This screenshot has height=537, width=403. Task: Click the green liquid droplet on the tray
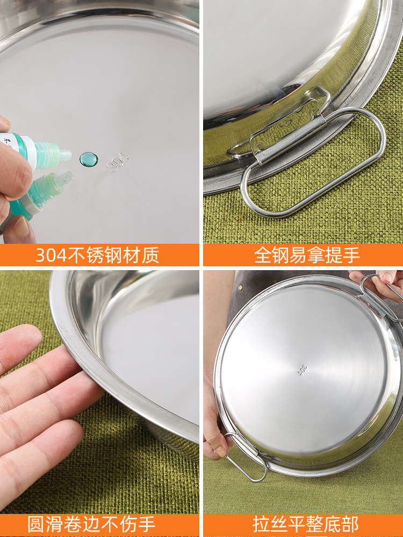pos(89,159)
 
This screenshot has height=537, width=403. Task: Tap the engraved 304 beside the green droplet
pos(118,162)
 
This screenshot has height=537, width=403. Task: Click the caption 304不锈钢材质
pos(97,255)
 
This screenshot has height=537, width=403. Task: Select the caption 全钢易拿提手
pos(307,255)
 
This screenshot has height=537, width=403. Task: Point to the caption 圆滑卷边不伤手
pos(91,525)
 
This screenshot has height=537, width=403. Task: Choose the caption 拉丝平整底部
pos(306,525)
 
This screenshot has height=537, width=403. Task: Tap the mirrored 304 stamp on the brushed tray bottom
pos(302,371)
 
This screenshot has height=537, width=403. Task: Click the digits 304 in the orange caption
pos(51,256)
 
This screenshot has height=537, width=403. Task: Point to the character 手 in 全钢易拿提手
pos(351,255)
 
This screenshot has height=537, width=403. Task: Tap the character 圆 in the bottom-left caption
pos(35,525)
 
